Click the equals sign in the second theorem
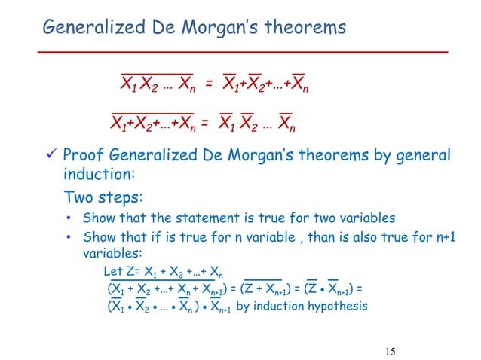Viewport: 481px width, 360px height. (x=205, y=123)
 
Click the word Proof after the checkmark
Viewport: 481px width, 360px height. (x=83, y=155)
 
